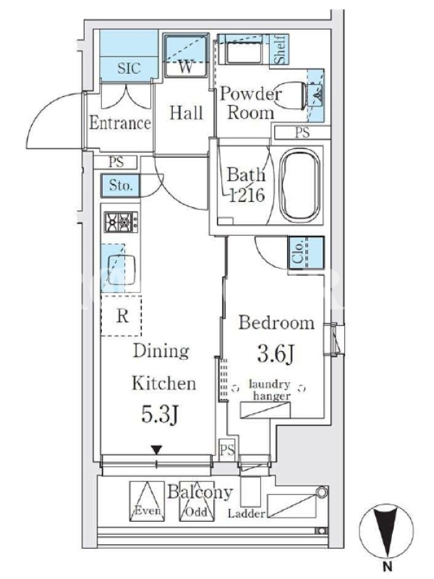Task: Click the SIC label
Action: point(129,68)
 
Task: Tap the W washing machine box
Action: point(186,56)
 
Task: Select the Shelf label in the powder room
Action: point(280,49)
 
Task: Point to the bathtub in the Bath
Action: point(299,185)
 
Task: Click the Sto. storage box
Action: point(121,185)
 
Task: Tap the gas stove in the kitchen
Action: point(121,222)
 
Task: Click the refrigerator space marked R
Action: point(122,316)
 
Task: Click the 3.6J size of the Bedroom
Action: point(276,354)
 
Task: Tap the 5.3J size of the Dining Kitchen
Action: point(160,414)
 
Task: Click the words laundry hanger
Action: point(270,390)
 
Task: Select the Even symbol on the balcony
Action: point(147,501)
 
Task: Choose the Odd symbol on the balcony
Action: point(197,501)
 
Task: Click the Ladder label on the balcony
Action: point(246,514)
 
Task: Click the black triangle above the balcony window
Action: point(157,450)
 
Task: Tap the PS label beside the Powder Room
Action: point(302,132)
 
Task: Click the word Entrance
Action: point(120,123)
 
